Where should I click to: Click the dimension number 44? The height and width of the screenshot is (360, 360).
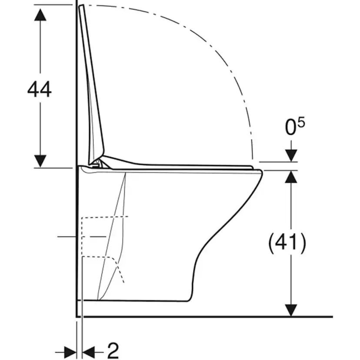click(39, 90)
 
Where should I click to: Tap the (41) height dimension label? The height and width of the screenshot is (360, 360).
click(287, 243)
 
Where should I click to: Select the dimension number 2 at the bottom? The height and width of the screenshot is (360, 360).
click(113, 350)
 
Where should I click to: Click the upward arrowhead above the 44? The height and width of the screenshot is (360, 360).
click(40, 14)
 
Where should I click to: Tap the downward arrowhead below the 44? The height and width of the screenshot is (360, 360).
click(40, 161)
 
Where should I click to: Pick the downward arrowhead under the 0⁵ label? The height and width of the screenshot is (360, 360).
click(291, 156)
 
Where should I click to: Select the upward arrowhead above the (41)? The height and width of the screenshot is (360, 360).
click(291, 177)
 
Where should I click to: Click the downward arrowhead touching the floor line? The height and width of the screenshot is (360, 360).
click(291, 310)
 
